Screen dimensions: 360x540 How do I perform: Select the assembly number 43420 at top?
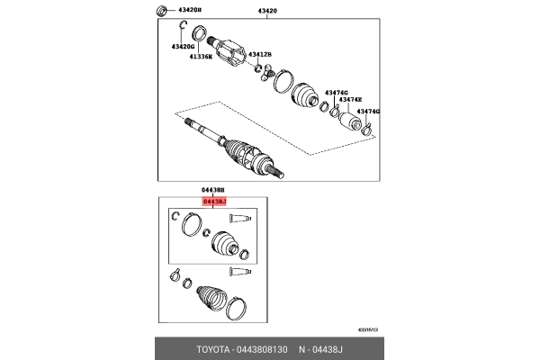[269, 11]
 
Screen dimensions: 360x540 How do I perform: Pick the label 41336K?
[201, 57]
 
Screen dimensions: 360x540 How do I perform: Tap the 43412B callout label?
[260, 54]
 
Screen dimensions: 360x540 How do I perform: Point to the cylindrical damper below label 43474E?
[349, 118]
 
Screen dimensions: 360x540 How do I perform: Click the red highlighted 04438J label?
[215, 202]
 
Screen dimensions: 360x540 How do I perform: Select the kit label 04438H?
[215, 191]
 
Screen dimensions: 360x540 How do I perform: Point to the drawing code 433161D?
[369, 330]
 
